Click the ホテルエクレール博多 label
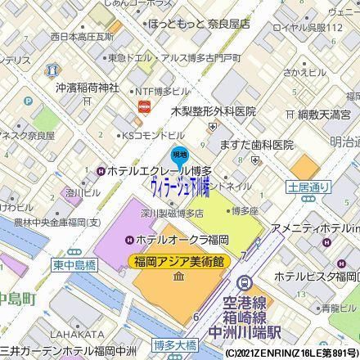154,171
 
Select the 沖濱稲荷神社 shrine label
88,87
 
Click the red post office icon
144,106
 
